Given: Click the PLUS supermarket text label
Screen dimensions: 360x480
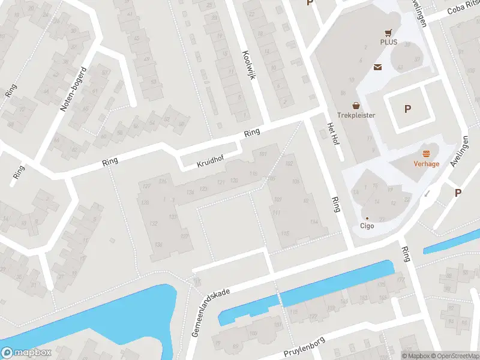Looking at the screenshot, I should [x=388, y=43].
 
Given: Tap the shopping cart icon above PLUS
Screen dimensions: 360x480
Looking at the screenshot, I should [x=388, y=33].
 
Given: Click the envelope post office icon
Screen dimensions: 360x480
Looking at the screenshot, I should [x=379, y=67].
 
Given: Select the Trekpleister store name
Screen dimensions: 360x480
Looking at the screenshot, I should [x=356, y=115].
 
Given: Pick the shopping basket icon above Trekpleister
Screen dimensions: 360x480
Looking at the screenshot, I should [x=356, y=105].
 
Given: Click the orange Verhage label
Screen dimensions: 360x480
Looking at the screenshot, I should [x=426, y=164].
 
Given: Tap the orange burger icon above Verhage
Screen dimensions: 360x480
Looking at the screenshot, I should [x=426, y=154].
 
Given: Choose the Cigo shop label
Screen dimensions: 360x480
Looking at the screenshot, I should [x=367, y=226].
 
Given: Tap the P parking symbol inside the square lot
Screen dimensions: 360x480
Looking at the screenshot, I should [x=408, y=109].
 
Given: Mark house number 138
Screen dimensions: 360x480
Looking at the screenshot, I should [x=159, y=244].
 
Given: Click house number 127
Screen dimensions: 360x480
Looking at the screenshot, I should [x=145, y=186].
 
